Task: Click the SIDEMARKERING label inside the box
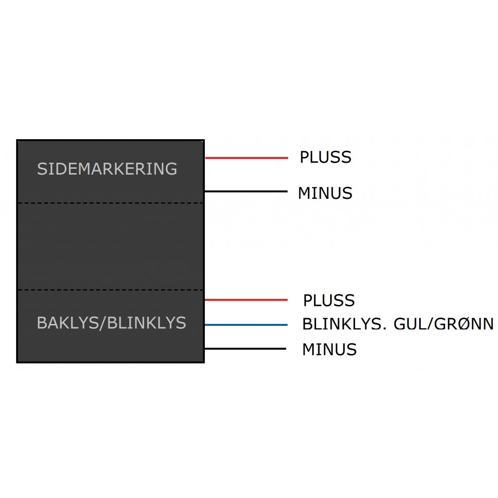tap(107, 169)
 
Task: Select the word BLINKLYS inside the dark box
tap(146, 323)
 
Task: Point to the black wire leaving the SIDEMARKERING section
tap(246, 191)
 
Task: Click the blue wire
tap(246, 324)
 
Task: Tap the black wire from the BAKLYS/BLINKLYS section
tap(246, 348)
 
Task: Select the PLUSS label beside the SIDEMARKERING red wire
tap(325, 158)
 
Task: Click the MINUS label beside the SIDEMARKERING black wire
tap(325, 193)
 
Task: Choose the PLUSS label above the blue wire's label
tap(329, 301)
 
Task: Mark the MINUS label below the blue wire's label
tap(329, 349)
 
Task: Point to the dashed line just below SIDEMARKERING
tap(110, 203)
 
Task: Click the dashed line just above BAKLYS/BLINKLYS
tap(110, 290)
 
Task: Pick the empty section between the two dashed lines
tap(110, 246)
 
